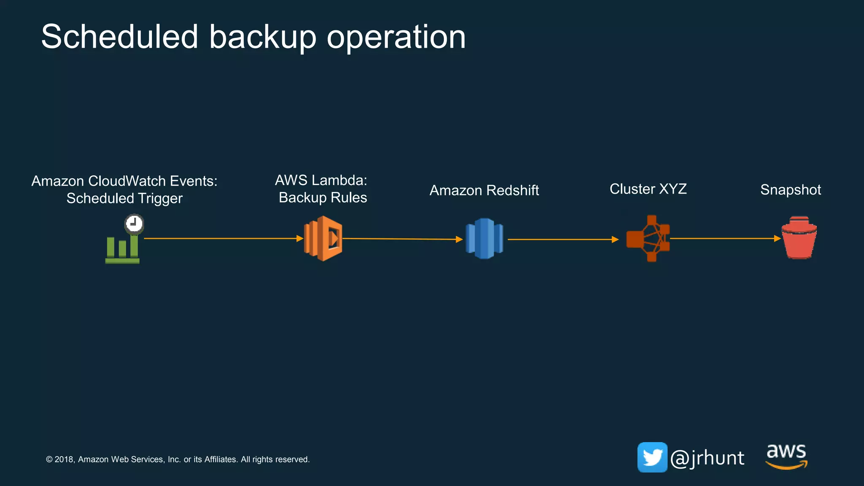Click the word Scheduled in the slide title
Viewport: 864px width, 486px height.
coord(119,37)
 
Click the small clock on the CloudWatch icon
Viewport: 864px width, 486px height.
coord(134,223)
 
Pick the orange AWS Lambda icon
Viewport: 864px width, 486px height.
coord(323,238)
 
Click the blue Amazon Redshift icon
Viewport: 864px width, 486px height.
coord(484,238)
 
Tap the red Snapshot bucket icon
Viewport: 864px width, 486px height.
coord(799,238)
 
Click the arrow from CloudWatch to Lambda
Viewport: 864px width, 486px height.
coord(224,238)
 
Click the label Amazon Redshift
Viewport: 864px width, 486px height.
coord(484,190)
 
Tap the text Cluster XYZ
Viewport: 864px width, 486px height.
coord(648,189)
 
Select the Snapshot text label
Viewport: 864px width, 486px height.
coord(790,190)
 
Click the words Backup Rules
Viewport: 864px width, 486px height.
coord(323,197)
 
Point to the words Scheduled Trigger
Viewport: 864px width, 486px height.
coord(124,198)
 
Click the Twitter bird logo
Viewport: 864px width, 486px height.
coord(652,457)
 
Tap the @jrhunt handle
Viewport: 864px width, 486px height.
coord(707,458)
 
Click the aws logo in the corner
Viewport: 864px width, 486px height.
coord(786,456)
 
